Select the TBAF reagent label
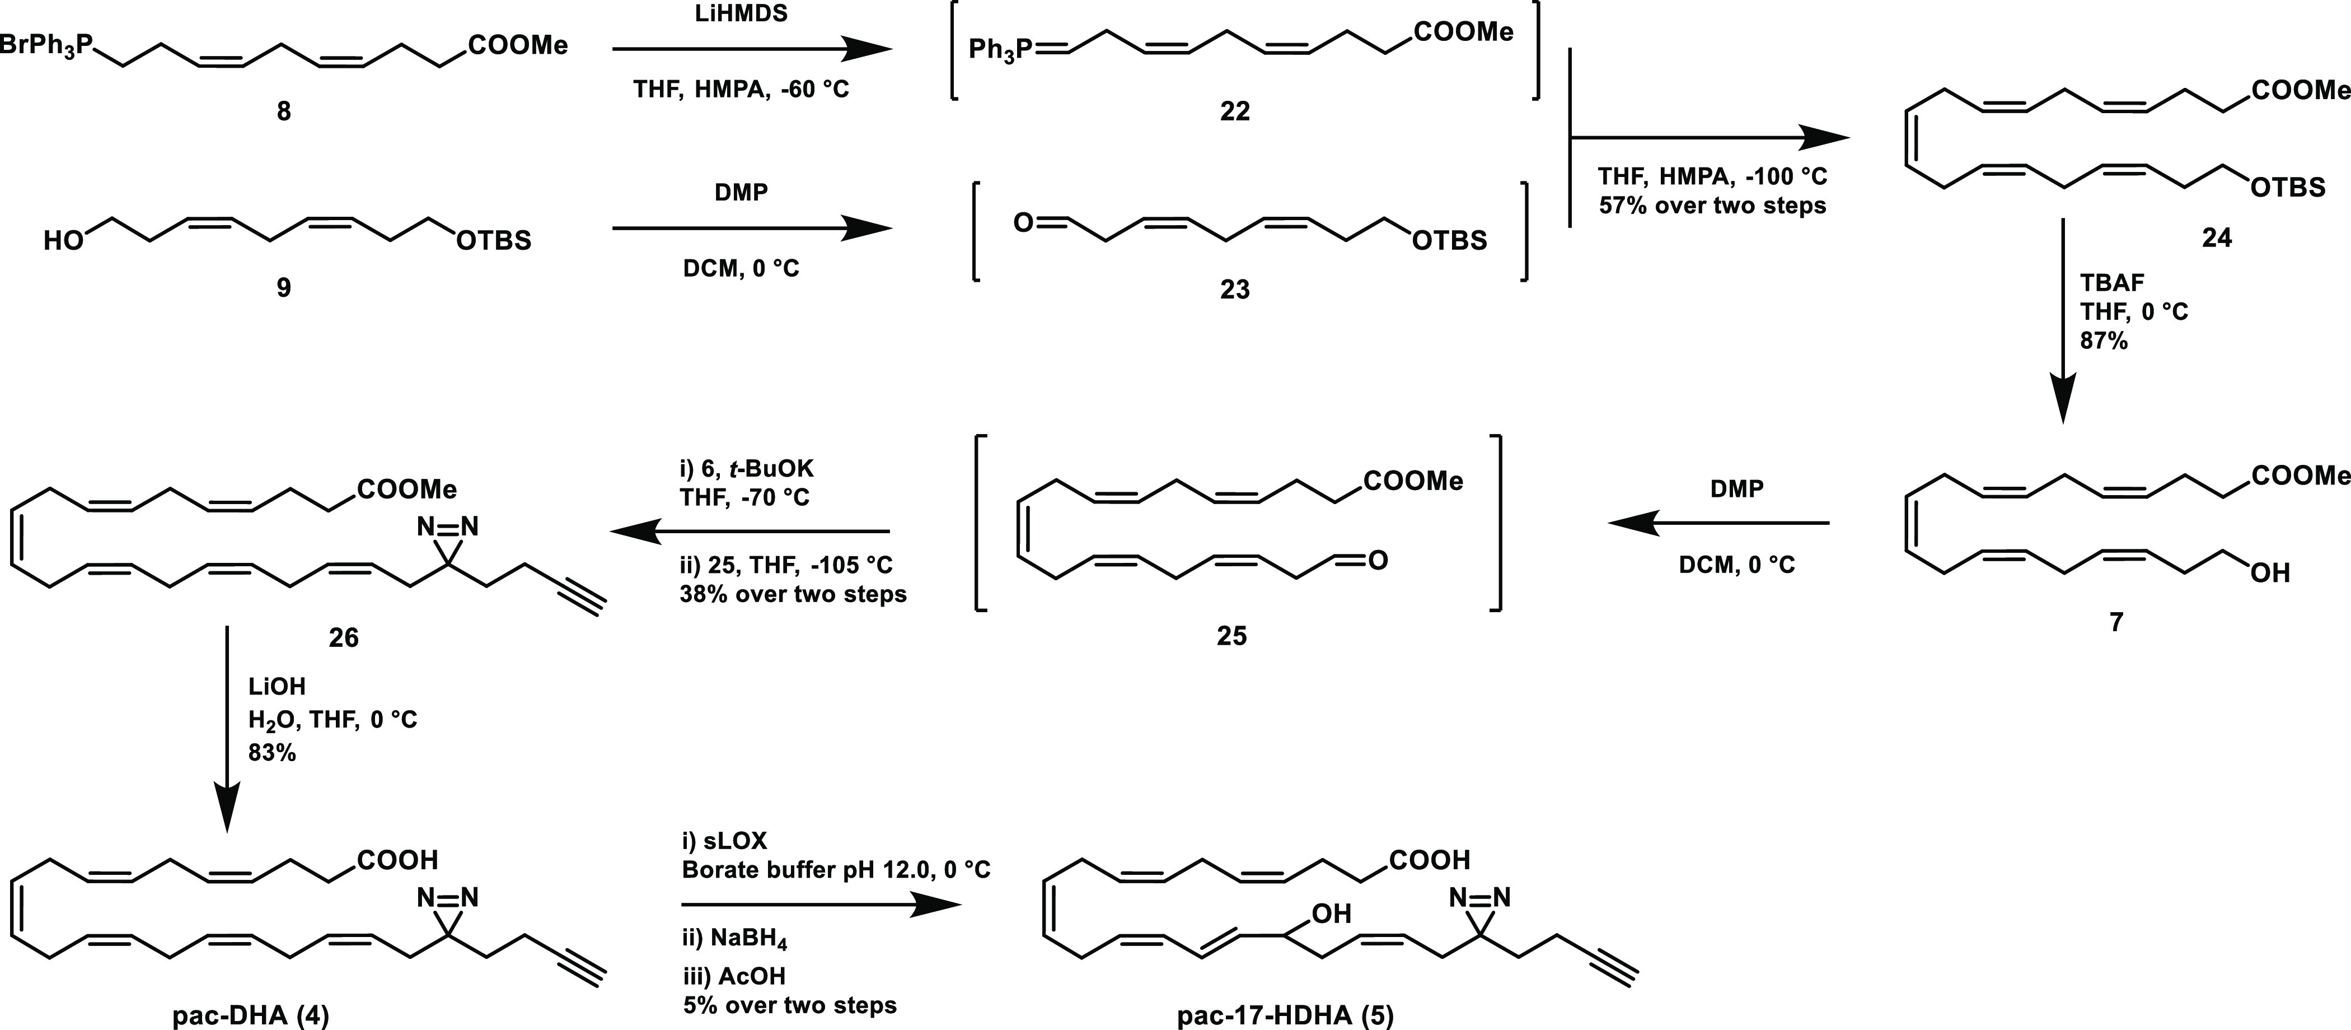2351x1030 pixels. (2110, 283)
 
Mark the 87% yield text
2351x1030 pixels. (2104, 341)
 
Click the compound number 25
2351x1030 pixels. (1231, 636)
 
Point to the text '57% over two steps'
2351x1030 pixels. (1712, 206)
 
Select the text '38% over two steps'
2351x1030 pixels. (793, 594)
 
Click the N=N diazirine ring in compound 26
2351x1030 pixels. (447, 528)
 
